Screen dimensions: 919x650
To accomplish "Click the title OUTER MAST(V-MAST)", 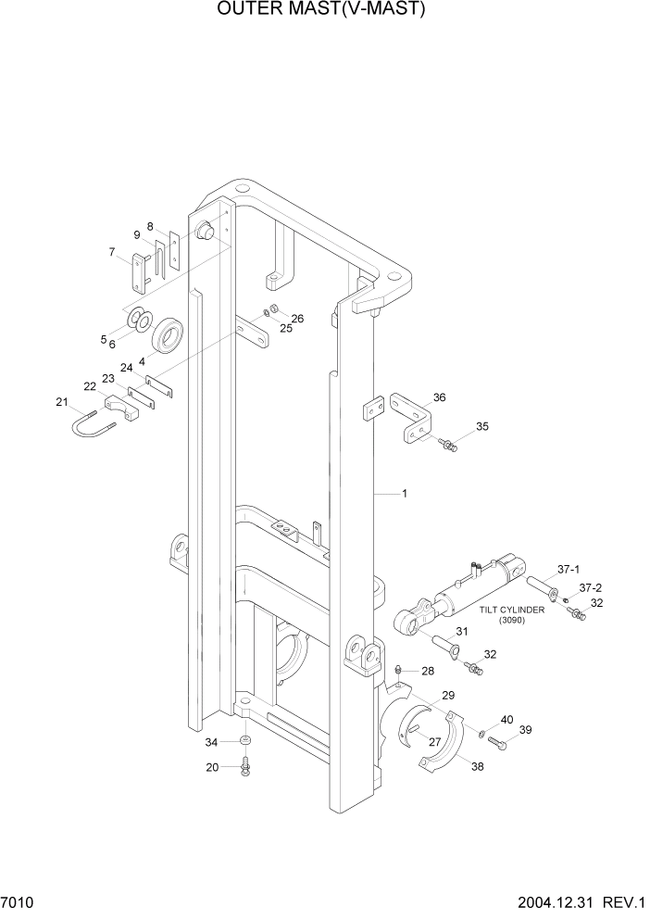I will [x=323, y=10].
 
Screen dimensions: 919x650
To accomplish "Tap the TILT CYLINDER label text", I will [x=512, y=611].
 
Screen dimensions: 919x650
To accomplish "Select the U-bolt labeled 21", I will [x=94, y=426].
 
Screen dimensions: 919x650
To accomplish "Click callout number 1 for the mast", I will [x=404, y=494].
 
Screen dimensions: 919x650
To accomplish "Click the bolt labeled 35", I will [x=448, y=447].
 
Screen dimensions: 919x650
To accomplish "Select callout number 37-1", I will [x=567, y=569].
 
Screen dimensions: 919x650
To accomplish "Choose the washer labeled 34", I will [x=244, y=742].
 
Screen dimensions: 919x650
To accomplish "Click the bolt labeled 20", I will [x=244, y=767].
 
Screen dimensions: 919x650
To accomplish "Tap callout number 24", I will [x=127, y=368].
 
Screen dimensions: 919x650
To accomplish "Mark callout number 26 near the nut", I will [x=297, y=319].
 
